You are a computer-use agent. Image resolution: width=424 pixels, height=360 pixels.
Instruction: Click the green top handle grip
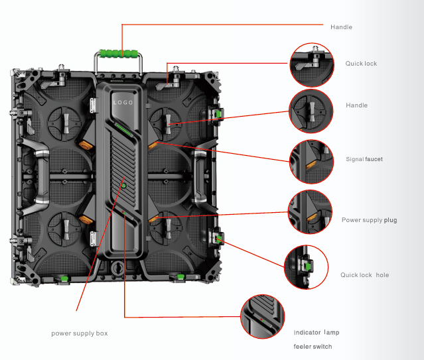tap(119, 53)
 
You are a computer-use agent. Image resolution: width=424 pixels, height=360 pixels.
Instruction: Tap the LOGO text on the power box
tap(123, 103)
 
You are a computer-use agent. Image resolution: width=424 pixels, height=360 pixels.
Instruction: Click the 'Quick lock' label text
tap(361, 64)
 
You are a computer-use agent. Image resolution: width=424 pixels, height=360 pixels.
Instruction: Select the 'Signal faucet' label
tap(364, 159)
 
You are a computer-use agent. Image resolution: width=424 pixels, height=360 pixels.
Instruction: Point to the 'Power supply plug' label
tap(369, 220)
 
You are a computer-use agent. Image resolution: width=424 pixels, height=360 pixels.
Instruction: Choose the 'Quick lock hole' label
tap(365, 274)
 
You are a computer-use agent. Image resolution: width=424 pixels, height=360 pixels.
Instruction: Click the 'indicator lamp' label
tap(316, 332)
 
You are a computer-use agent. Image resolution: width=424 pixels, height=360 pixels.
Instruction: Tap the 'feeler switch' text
tap(313, 347)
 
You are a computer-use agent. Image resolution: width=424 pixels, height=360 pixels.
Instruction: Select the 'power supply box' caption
tap(79, 333)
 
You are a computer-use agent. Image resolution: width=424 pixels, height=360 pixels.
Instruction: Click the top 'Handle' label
tap(341, 27)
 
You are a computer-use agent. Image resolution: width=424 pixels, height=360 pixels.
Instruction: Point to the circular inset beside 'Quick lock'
tap(311, 65)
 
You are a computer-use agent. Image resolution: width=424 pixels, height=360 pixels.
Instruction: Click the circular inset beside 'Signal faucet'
tap(309, 161)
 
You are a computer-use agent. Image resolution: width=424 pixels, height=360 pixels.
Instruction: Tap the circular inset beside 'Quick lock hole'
tap(306, 267)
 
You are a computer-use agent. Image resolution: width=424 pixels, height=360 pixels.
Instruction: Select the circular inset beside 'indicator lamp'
tap(261, 317)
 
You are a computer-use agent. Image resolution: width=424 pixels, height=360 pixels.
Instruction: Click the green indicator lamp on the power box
tap(123, 186)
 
